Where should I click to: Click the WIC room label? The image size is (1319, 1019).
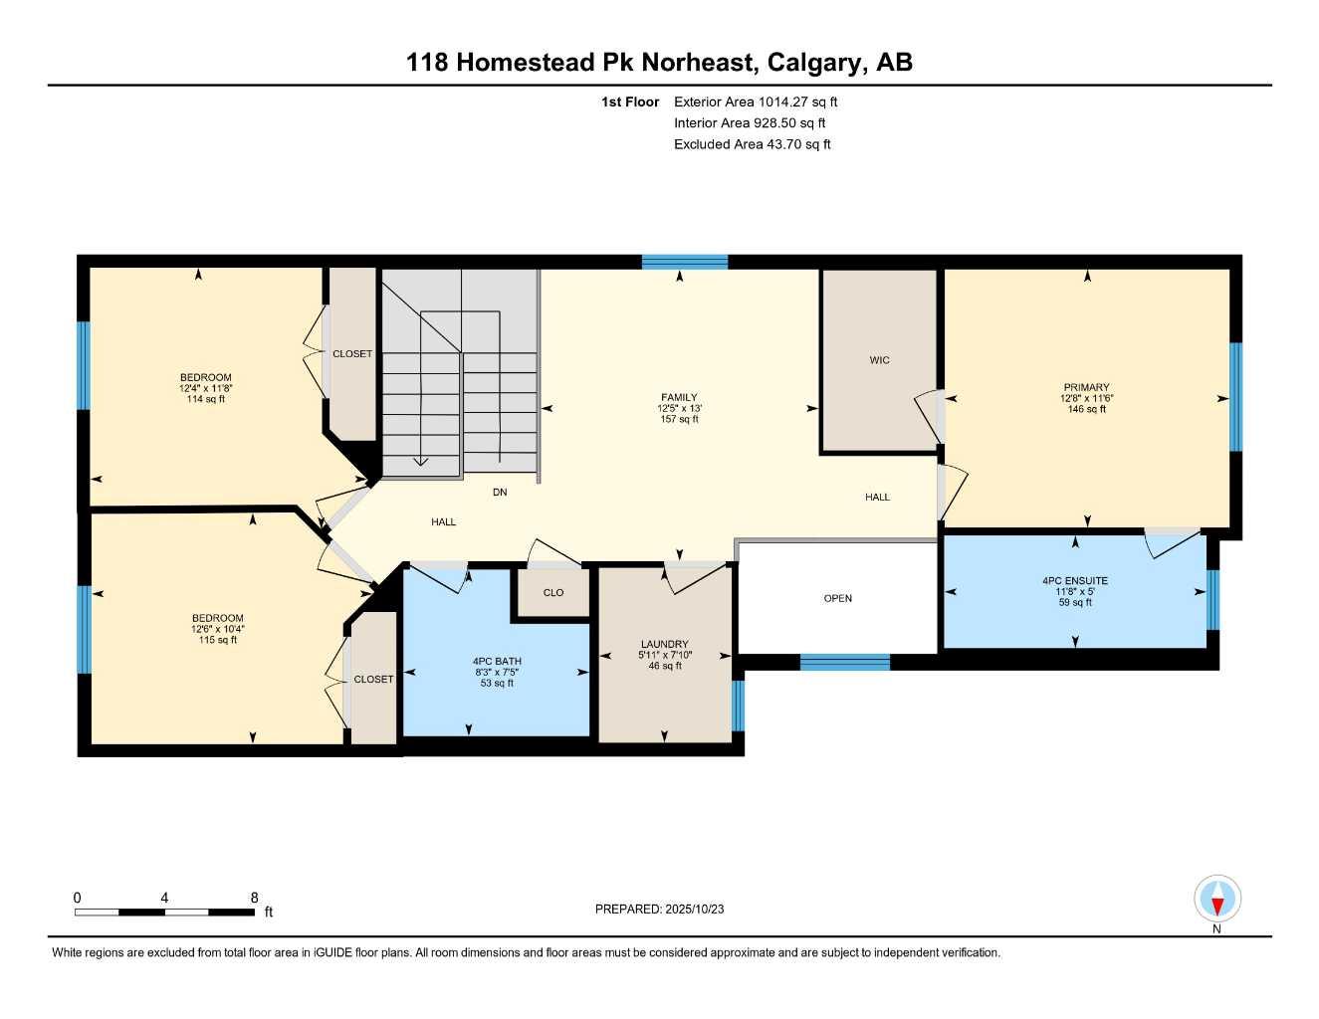tap(879, 360)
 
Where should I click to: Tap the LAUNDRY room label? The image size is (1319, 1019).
tap(664, 644)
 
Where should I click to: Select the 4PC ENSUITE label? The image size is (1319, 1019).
tap(1075, 580)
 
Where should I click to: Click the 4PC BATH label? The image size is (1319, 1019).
tap(497, 661)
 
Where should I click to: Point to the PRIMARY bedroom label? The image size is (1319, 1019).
tap(1086, 387)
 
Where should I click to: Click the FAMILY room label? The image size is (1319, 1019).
tap(679, 397)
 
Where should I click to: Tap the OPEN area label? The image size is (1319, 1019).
tap(837, 598)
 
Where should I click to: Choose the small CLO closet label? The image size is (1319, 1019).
tap(553, 592)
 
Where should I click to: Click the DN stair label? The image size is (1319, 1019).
tap(500, 492)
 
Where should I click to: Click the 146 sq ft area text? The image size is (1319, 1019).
tap(1086, 409)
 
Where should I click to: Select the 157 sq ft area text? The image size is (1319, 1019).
tap(679, 419)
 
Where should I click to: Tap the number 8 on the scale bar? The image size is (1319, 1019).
tap(255, 898)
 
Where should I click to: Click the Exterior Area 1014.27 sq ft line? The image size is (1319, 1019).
tap(756, 102)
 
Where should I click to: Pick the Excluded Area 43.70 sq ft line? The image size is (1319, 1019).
tap(752, 144)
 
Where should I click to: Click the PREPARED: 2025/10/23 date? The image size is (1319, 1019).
tap(659, 909)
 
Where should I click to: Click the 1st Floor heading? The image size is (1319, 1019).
tap(629, 102)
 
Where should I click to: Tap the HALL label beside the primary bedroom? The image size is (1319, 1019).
tap(877, 497)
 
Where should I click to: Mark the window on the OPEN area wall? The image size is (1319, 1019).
tap(844, 662)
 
